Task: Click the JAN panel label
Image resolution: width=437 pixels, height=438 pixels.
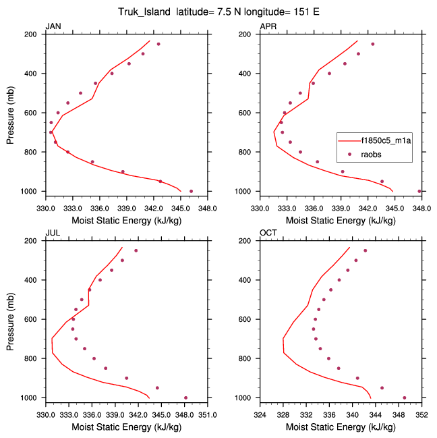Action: click(53, 26)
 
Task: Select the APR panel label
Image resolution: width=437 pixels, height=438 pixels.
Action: click(268, 26)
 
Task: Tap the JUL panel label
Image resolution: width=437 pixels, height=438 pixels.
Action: click(52, 233)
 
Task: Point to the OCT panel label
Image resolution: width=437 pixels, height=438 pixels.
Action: click(268, 233)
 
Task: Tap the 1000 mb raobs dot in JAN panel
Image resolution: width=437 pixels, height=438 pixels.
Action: click(191, 191)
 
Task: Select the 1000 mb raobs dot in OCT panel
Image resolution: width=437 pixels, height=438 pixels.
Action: click(405, 398)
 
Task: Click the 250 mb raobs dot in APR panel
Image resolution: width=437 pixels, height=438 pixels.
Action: click(372, 44)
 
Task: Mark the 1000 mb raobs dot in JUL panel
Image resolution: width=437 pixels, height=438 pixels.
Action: click(185, 398)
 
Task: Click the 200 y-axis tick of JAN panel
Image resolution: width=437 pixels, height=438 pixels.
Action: click(31, 34)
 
